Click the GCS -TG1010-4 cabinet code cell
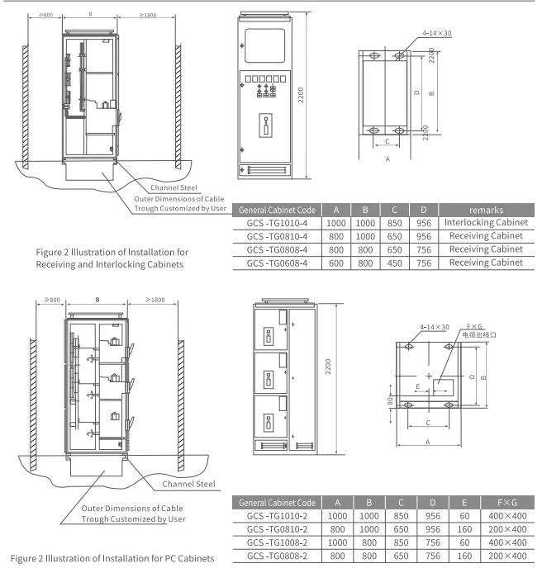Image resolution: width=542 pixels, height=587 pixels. tap(277, 223)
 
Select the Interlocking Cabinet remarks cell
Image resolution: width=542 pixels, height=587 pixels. tap(486, 222)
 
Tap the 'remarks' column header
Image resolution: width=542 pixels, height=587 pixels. tap(486, 210)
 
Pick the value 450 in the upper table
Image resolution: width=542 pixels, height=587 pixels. tap(394, 263)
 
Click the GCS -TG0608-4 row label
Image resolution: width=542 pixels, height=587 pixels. tap(277, 263)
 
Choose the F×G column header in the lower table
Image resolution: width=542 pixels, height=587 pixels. tap(507, 503)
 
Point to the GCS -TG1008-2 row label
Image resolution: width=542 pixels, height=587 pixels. tap(277, 542)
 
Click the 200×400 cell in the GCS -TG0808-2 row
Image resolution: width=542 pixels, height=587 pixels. tap(507, 556)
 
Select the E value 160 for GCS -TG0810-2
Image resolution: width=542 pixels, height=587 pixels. tap(464, 529)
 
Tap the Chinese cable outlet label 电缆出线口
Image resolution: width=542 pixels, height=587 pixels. tap(479, 334)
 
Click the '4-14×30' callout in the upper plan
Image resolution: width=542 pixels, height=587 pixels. tap(437, 33)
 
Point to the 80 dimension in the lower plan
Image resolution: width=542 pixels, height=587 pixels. tap(390, 401)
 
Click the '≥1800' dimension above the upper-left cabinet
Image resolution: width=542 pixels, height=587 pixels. tap(148, 15)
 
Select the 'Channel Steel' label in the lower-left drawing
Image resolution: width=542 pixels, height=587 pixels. tap(188, 484)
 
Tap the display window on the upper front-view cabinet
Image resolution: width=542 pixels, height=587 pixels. tap(265, 45)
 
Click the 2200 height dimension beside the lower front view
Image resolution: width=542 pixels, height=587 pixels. tap(328, 367)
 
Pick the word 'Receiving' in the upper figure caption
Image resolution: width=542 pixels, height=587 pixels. tap(55, 265)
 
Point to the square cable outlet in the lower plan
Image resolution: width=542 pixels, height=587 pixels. tap(443, 388)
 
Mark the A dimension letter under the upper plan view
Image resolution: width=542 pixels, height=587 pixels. tap(387, 159)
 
